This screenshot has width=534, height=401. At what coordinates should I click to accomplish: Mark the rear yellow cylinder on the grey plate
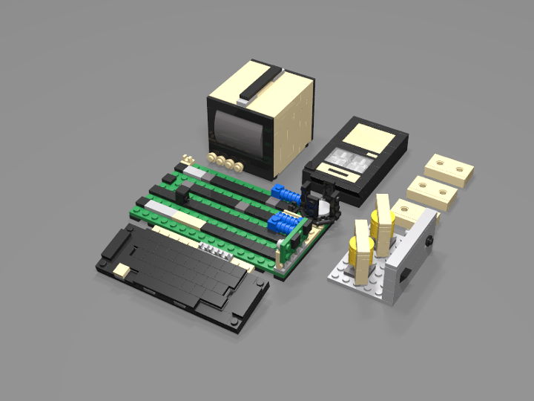(x=383, y=220)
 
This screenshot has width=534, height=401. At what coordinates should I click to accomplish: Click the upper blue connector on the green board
(x=287, y=195)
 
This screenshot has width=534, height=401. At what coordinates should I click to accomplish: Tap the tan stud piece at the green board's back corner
(x=188, y=157)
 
